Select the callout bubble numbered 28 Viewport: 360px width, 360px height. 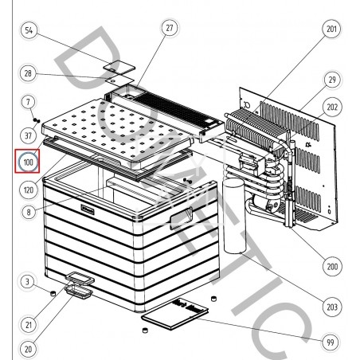(28, 73)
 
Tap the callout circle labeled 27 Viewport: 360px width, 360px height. (168, 28)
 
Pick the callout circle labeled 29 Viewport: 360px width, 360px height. (331, 80)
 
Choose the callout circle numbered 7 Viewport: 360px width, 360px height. (28, 102)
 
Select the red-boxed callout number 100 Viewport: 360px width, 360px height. (29, 162)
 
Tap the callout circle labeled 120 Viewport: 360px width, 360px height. (28, 192)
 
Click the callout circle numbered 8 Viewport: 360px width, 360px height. (28, 213)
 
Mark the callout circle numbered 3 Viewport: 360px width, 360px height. (28, 281)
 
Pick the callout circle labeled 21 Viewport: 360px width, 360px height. (28, 324)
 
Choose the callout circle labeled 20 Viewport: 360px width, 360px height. (28, 348)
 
